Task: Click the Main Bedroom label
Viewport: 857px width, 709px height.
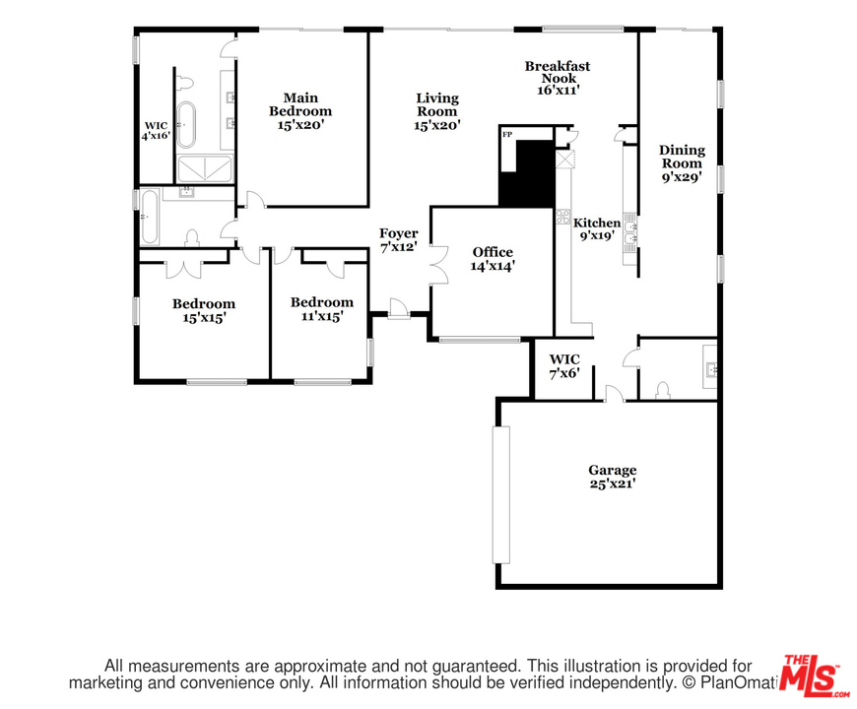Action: (300, 111)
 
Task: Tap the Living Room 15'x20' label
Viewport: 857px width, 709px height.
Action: (436, 111)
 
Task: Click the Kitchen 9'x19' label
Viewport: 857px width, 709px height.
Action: (597, 229)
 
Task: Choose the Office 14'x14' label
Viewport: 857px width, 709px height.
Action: (492, 259)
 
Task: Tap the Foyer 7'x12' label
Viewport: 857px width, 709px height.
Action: (399, 240)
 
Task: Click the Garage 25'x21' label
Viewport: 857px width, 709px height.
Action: (613, 477)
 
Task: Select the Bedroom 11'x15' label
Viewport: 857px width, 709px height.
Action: (321, 309)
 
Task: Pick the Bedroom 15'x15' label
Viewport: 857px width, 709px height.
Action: (204, 311)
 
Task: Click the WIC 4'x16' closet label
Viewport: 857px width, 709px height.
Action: (156, 130)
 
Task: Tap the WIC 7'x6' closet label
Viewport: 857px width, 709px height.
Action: (564, 365)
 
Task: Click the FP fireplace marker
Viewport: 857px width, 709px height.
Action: (507, 134)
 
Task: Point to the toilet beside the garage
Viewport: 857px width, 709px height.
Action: (662, 388)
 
